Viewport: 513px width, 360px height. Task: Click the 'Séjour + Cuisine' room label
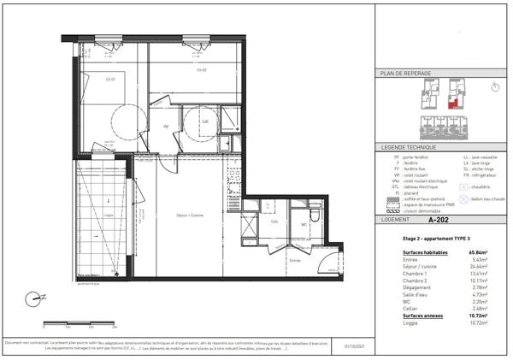pyautogui.click(x=182, y=215)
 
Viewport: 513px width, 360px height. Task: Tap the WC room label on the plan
pyautogui.click(x=304, y=225)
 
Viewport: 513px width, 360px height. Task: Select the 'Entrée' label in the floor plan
pyautogui.click(x=295, y=261)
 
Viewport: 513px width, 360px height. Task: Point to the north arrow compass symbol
pyautogui.click(x=34, y=299)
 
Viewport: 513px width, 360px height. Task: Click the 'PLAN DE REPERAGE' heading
pyautogui.click(x=405, y=74)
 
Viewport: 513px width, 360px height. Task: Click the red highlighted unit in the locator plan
pyautogui.click(x=453, y=103)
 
